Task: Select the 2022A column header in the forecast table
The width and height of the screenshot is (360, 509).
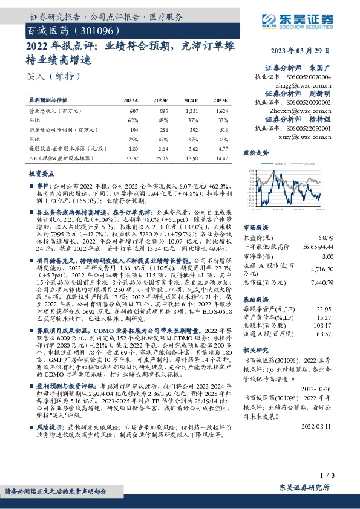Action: point(131,100)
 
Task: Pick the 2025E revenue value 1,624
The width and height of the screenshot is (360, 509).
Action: point(221,112)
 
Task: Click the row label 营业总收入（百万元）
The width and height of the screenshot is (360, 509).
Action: point(54,112)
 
